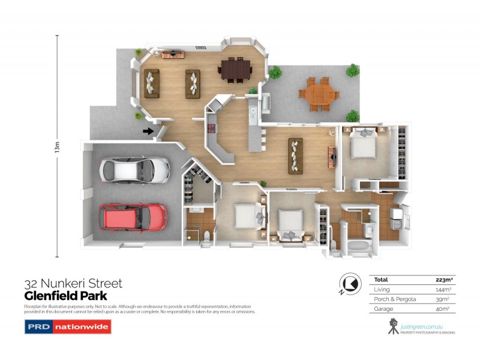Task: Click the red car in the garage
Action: pos(134,217)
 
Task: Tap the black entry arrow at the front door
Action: pos(148,131)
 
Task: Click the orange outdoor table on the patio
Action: pos(318,94)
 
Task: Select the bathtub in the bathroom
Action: pos(359,246)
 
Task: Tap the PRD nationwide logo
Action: pos(67,328)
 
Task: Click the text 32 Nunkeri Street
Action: pos(73,283)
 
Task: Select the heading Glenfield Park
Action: pos(66,296)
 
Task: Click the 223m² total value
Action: pos(443,280)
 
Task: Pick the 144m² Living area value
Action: pos(443,289)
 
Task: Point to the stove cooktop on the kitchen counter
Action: pos(212,128)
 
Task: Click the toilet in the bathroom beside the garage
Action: pos(206,238)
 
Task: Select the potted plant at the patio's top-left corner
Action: pos(275,73)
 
